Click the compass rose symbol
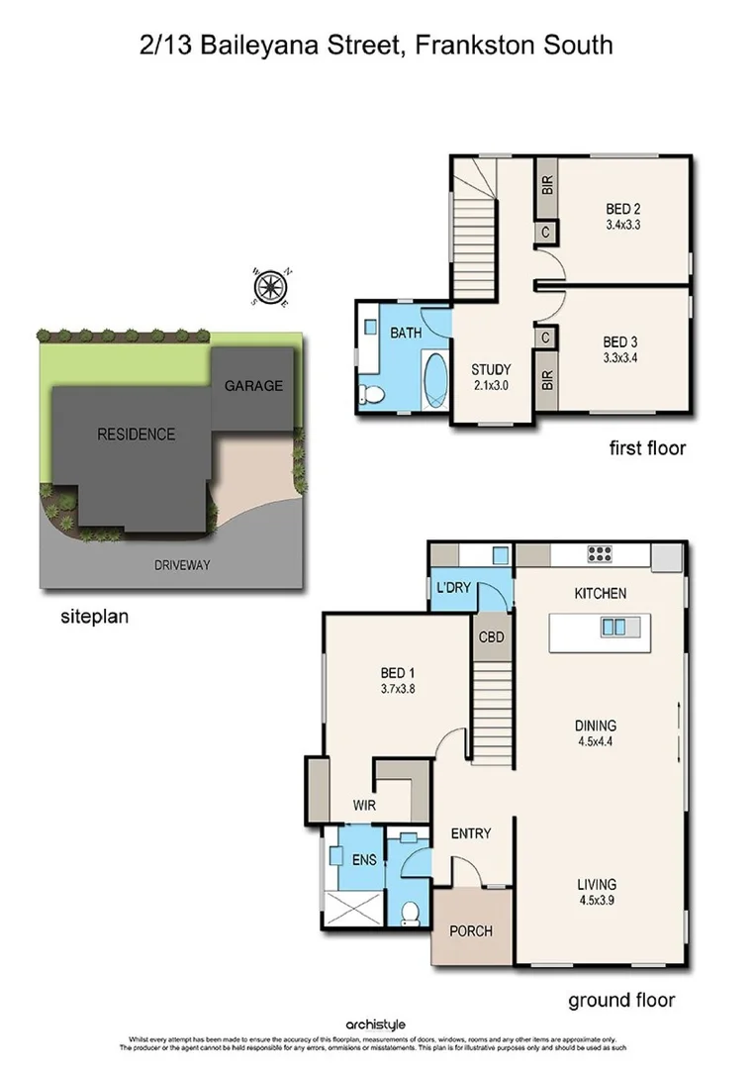click(x=268, y=286)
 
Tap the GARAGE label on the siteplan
click(x=252, y=386)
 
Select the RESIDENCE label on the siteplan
click(x=136, y=434)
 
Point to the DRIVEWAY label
click(x=183, y=565)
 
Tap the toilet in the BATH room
click(x=372, y=395)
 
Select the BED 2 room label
click(x=623, y=209)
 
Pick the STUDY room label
click(x=490, y=371)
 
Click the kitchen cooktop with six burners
click(x=601, y=554)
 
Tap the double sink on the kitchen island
click(x=613, y=626)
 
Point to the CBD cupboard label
click(x=491, y=637)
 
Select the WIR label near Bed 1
click(x=365, y=806)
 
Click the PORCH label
click(x=471, y=931)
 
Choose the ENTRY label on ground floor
click(x=471, y=833)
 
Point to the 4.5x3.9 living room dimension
click(x=598, y=900)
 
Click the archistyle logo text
click(x=376, y=1024)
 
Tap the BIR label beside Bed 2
click(x=547, y=185)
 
